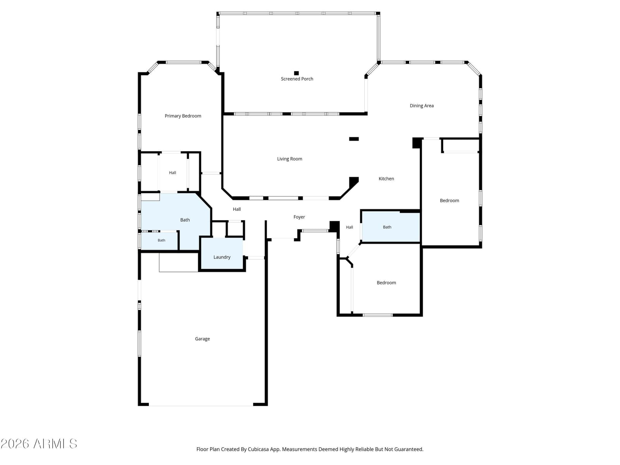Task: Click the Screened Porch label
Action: [x=297, y=79]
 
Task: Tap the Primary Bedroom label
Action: [x=183, y=116]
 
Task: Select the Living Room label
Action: [x=289, y=159]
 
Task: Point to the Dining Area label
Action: [x=422, y=105]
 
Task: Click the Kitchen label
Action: [x=386, y=179]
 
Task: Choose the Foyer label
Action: [x=299, y=217]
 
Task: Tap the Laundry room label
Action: [x=222, y=257]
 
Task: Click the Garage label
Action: [x=202, y=339]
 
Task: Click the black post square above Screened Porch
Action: [x=296, y=73]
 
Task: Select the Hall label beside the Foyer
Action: [x=350, y=227]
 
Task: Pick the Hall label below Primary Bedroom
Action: [x=172, y=172]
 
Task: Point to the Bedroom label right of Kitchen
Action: [x=449, y=200]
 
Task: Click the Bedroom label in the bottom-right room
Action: [x=386, y=282]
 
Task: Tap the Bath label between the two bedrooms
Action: [x=387, y=227]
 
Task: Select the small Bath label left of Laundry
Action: [x=161, y=240]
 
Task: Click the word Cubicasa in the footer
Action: [x=258, y=449]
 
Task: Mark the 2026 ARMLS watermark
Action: [x=39, y=444]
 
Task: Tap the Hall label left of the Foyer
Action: [x=237, y=209]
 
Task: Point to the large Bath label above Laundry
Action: [x=185, y=220]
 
